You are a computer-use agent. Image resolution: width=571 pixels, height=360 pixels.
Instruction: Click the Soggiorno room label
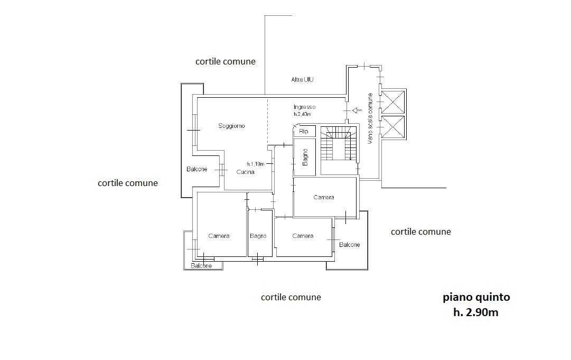[231, 126]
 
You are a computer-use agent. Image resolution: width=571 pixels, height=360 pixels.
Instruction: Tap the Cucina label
[245, 172]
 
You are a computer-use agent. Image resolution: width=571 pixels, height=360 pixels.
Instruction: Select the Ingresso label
[304, 107]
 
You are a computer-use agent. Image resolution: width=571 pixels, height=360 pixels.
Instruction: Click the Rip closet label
[303, 131]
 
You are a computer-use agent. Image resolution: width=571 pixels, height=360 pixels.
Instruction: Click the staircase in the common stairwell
[338, 144]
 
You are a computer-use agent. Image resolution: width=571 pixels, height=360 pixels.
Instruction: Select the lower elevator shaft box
[393, 127]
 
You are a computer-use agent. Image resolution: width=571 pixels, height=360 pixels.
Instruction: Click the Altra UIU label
[302, 79]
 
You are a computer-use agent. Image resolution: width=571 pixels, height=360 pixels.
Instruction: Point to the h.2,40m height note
[302, 114]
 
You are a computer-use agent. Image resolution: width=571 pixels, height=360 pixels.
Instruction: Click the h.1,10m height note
[256, 164]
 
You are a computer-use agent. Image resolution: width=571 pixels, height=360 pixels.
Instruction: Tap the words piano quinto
[476, 297]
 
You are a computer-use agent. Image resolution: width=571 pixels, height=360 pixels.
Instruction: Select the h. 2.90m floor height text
[475, 312]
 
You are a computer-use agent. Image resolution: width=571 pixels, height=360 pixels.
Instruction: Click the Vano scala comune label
[370, 118]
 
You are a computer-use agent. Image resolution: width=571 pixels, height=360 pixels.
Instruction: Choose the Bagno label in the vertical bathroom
[305, 157]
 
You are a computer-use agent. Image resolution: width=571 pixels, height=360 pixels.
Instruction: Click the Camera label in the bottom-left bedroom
[219, 236]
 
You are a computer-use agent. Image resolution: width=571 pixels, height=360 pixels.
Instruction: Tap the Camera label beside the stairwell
[324, 198]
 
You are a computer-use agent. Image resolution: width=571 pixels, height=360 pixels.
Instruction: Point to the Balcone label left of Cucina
[196, 169]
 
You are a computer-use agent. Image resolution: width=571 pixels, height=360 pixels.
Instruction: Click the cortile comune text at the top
[226, 61]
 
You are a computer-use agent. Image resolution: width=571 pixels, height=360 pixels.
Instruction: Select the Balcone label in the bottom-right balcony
[349, 245]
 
